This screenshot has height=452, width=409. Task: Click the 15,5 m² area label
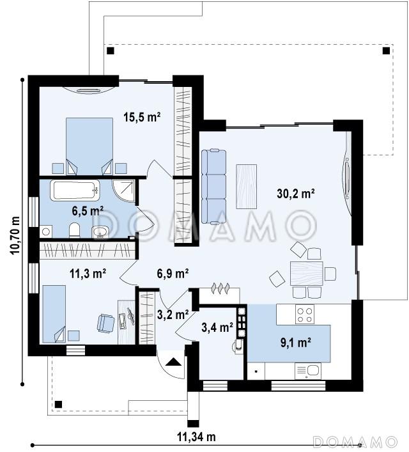pyautogui.click(x=142, y=117)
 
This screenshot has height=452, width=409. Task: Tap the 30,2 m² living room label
pyautogui.click(x=295, y=194)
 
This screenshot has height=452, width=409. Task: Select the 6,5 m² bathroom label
pyautogui.click(x=88, y=211)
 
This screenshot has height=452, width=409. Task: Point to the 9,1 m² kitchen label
pyautogui.click(x=295, y=343)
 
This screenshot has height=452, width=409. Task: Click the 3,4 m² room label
pyautogui.click(x=217, y=327)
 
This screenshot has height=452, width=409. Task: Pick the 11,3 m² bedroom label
pyautogui.click(x=88, y=273)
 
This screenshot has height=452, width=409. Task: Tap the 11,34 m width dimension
pyautogui.click(x=196, y=437)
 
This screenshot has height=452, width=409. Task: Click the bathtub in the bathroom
pyautogui.click(x=75, y=190)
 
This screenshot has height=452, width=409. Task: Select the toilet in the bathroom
pyautogui.click(x=74, y=230)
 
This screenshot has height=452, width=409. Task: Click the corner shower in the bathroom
pyautogui.click(x=123, y=190)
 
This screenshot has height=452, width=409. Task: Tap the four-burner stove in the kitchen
pyautogui.click(x=305, y=315)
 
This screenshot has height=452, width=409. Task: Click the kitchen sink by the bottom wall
pyautogui.click(x=308, y=371)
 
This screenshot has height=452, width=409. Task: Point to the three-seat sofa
pyautogui.click(x=213, y=186)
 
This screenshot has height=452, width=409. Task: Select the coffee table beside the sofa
pyautogui.click(x=247, y=187)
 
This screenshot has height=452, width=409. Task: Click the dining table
pyautogui.click(x=306, y=273)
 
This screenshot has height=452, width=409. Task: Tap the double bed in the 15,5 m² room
pyautogui.click(x=89, y=146)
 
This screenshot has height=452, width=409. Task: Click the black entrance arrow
pyautogui.click(x=174, y=362)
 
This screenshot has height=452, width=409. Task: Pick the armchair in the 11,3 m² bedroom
pyautogui.click(x=106, y=323)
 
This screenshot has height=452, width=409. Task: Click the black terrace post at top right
pyautogui.click(x=386, y=51)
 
